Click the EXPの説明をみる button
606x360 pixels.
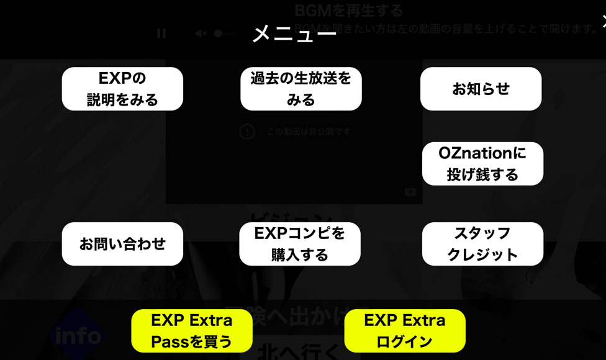(122, 89)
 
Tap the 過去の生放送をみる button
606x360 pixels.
(301, 89)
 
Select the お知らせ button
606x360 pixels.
(481, 89)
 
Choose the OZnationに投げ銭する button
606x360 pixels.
(482, 163)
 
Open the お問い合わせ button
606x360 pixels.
(122, 244)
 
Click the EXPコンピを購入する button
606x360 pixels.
(300, 244)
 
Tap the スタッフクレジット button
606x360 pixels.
(482, 244)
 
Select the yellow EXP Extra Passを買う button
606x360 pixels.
(192, 331)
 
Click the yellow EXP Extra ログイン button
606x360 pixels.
(405, 331)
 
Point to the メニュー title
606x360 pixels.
(294, 34)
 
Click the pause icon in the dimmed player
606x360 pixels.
(161, 34)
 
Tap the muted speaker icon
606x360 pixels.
(201, 34)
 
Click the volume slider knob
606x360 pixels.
(218, 34)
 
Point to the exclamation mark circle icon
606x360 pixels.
(247, 132)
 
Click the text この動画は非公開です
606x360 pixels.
(309, 132)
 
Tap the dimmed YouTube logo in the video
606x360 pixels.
(410, 192)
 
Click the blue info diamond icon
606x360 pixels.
(78, 336)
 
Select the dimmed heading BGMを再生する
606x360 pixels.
(349, 11)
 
